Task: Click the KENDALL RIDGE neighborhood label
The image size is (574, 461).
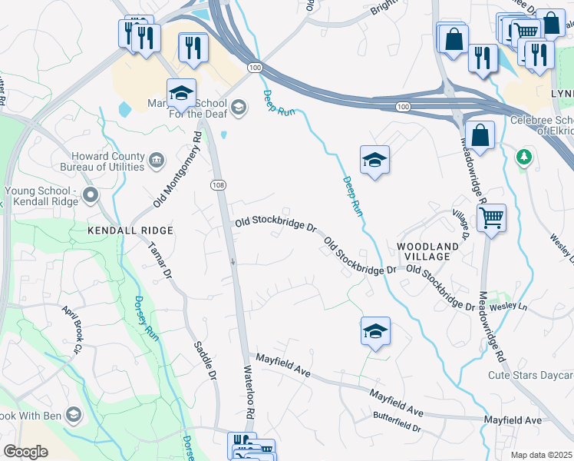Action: (130, 230)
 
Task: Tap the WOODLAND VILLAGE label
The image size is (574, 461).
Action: (427, 252)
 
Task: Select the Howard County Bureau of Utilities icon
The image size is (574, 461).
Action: (157, 160)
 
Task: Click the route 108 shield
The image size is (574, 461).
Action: (217, 184)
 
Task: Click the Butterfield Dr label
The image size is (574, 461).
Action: (397, 421)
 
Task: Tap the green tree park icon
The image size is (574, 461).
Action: (525, 156)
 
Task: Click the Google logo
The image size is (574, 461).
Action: (25, 452)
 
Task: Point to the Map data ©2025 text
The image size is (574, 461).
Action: (541, 455)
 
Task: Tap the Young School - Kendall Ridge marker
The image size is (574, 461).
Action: (91, 195)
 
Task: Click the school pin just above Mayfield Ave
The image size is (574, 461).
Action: (375, 331)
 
